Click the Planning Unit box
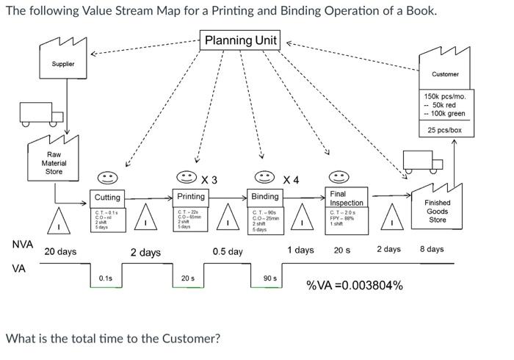tap(240, 40)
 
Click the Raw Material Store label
tap(54, 163)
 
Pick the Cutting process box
tap(107, 198)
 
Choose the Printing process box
tap(191, 197)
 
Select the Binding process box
tap(265, 197)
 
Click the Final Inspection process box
tap(346, 198)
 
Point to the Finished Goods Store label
tap(437, 211)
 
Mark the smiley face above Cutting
tap(108, 178)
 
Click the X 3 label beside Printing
tap(209, 180)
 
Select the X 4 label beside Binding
tap(292, 180)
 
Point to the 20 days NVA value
tap(60, 251)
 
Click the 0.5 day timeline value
tap(228, 251)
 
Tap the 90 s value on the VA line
tap(270, 278)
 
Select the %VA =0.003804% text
tap(354, 285)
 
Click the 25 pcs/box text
tap(445, 130)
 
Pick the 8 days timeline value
tap(432, 249)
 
